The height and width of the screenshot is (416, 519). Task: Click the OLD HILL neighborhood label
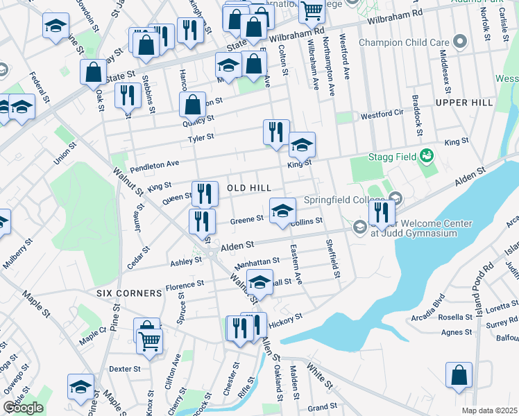coord(244,189)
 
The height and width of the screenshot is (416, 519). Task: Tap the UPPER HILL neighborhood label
coord(464,103)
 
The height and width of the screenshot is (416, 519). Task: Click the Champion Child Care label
coord(405,42)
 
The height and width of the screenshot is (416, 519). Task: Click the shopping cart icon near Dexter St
coord(150,340)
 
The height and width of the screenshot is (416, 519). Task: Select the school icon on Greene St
coord(282,210)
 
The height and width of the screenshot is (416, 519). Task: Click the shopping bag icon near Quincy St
coord(193,105)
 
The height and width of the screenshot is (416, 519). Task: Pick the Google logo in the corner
coord(23,408)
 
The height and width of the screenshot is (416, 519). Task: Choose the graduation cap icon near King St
coord(302,145)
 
